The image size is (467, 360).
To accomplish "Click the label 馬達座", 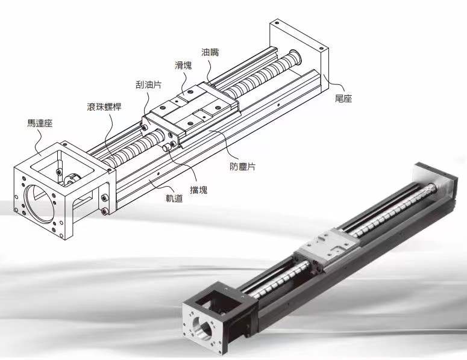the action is tap(40, 123).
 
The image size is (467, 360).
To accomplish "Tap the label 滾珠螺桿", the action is tap(104, 107).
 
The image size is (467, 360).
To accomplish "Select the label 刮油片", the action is tap(148, 85).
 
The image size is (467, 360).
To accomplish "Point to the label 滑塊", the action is tap(183, 66).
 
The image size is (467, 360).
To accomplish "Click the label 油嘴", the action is tap(210, 52).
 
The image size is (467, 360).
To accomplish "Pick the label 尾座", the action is tap(343, 99).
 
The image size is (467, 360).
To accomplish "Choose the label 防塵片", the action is tap(242, 167).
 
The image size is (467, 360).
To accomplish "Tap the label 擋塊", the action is tap(198, 190).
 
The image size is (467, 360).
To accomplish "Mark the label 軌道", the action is tap(174, 199).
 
